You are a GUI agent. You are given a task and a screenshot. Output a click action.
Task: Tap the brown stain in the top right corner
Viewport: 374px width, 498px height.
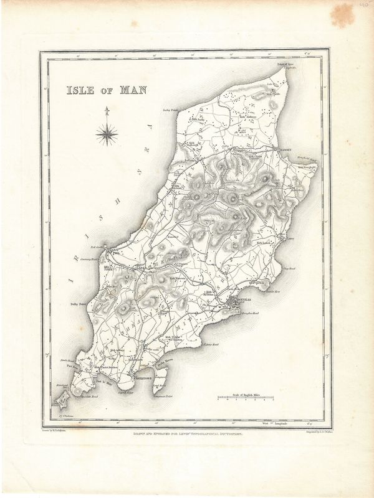click(341, 14)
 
